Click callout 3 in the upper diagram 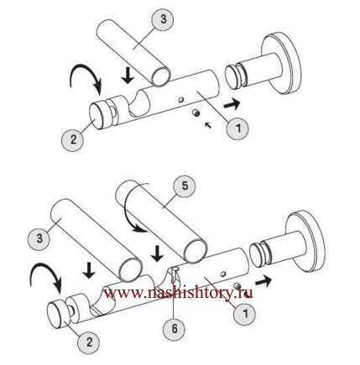click(x=163, y=19)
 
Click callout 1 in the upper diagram click(x=237, y=128)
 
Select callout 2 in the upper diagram click(x=73, y=139)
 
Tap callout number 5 click(x=185, y=186)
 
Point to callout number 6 click(x=174, y=329)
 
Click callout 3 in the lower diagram click(x=39, y=238)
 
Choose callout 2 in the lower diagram click(x=88, y=342)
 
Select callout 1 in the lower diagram click(x=244, y=314)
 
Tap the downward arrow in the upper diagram click(x=128, y=76)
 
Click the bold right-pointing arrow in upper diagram click(x=232, y=104)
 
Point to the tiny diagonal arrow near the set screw click(x=208, y=125)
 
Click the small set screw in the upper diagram click(x=196, y=112)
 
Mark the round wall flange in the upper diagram click(x=281, y=64)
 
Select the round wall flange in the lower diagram click(x=305, y=241)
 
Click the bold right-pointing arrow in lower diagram click(x=263, y=281)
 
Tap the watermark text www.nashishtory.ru click(x=179, y=293)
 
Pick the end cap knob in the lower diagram click(x=58, y=314)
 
